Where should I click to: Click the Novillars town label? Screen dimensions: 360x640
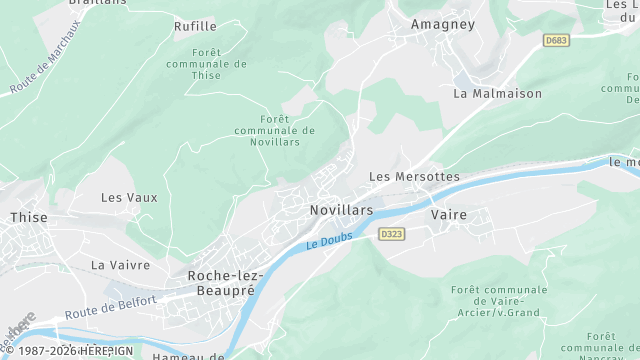point(341,210)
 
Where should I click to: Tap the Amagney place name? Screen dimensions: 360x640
point(443,23)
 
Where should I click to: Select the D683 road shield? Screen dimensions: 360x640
point(557,40)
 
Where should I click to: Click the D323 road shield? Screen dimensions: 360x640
point(391,233)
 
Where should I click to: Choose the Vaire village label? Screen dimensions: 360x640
point(448,214)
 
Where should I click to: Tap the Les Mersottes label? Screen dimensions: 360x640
point(414,176)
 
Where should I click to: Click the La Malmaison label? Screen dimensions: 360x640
point(497,93)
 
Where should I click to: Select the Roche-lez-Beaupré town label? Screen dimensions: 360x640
point(222,281)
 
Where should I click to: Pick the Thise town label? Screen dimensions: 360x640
point(28,216)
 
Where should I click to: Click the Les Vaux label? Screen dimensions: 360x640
point(129,197)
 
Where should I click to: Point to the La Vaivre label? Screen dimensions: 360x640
point(120,265)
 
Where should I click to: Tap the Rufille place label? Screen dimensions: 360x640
point(195,26)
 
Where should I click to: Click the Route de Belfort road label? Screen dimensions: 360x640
point(111,307)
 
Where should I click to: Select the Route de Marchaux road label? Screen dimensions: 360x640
point(46,57)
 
